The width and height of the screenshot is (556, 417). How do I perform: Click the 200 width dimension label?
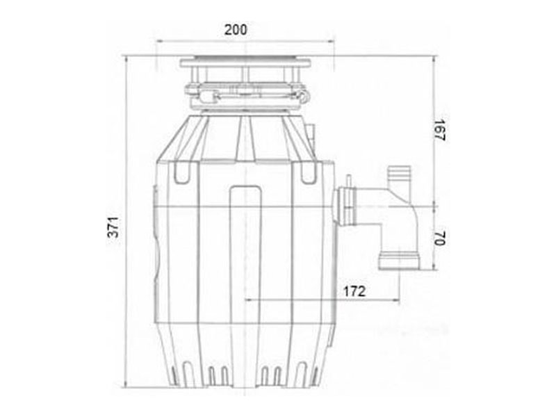[x=236, y=30]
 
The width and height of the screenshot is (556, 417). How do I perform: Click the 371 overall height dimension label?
[x=113, y=227]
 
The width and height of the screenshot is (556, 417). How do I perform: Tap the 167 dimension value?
[x=440, y=130]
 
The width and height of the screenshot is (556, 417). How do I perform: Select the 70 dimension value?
[x=440, y=238]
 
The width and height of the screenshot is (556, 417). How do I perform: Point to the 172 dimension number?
[x=354, y=291]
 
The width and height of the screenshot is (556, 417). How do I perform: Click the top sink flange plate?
[x=245, y=63]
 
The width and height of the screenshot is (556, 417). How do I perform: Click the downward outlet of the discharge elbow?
[x=399, y=261]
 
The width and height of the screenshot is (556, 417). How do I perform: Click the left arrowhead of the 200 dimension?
[x=159, y=41]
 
